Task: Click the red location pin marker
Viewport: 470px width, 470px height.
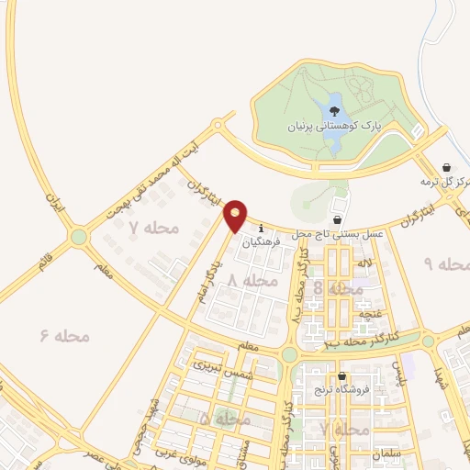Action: tap(236, 214)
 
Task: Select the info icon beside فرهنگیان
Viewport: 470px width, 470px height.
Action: tap(262, 228)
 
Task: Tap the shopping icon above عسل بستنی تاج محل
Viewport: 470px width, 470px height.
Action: tap(337, 220)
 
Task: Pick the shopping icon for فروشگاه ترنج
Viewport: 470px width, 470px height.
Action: tap(341, 376)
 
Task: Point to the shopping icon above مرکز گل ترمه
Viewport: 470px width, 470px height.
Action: tap(446, 167)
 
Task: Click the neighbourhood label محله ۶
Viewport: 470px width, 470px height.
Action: tap(65, 336)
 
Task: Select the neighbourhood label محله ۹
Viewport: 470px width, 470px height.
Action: tap(441, 263)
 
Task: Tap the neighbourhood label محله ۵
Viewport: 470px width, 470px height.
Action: tap(225, 418)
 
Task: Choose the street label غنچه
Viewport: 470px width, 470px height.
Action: tap(370, 315)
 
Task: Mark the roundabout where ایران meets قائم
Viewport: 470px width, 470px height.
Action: tap(77, 237)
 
